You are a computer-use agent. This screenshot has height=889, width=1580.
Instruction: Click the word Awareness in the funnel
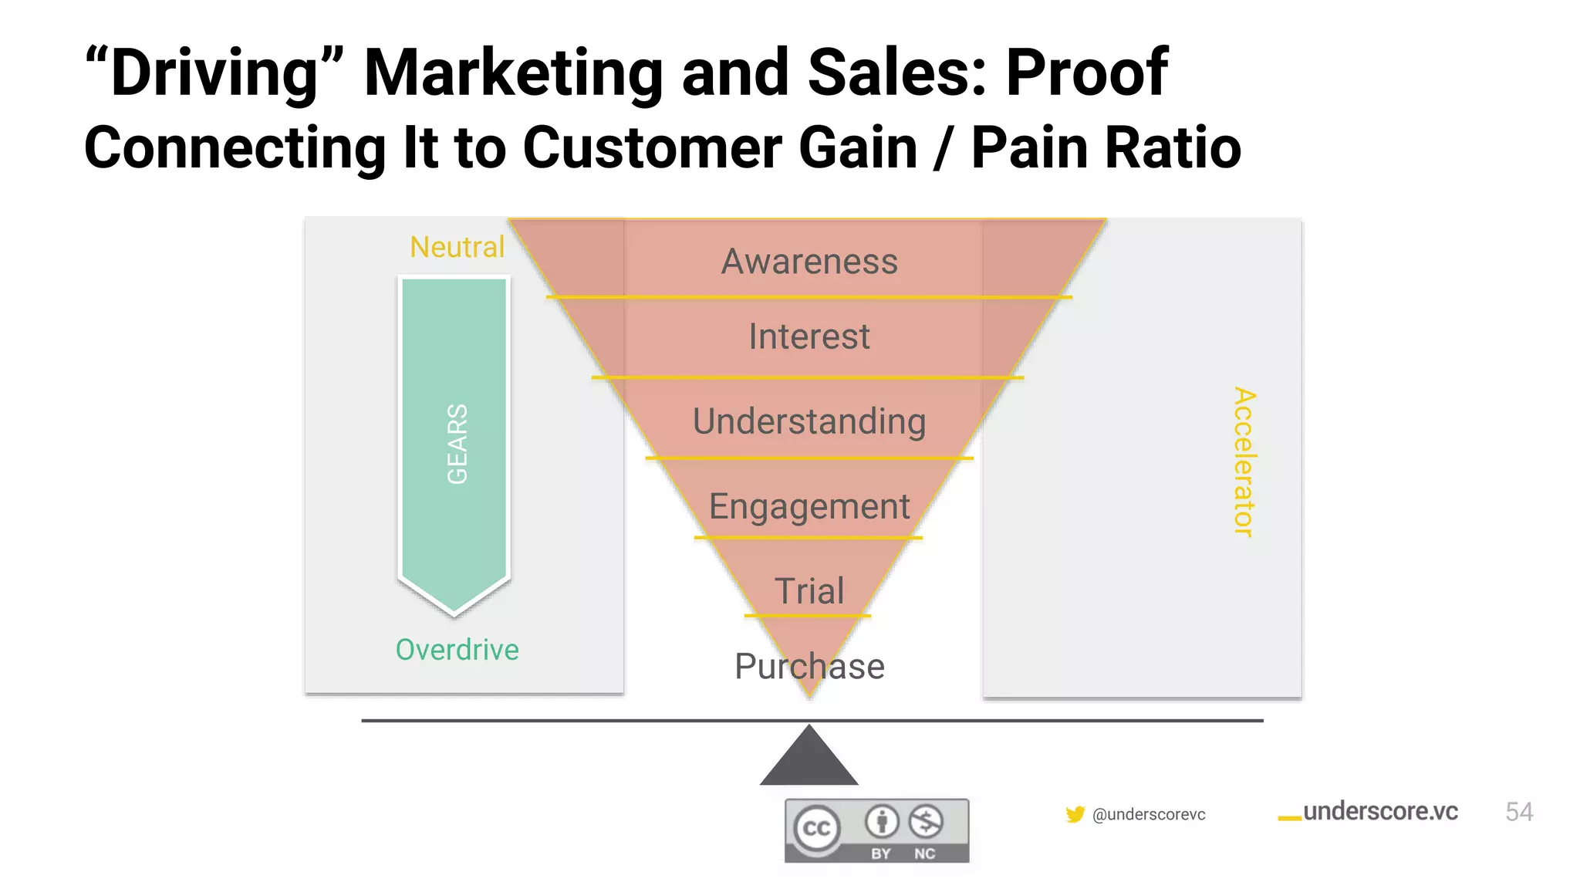click(x=809, y=262)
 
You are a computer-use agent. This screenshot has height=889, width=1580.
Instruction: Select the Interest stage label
click(x=809, y=336)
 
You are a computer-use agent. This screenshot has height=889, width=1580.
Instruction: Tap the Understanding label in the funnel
click(x=809, y=421)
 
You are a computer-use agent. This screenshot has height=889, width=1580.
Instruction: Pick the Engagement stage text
click(x=809, y=507)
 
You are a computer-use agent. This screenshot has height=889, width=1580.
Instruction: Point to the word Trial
click(x=809, y=591)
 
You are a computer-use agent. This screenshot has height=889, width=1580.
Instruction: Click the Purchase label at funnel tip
click(x=809, y=666)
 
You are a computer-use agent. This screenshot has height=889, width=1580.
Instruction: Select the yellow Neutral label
click(x=457, y=247)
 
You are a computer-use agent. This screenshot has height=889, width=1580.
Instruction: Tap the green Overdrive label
click(x=457, y=650)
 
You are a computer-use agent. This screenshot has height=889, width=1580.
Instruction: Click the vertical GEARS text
click(x=457, y=444)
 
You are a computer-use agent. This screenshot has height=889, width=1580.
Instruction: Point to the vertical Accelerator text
click(x=1244, y=461)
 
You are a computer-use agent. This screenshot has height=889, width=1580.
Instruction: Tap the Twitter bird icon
click(x=1075, y=814)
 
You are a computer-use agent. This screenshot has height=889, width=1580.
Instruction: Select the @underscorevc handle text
click(x=1149, y=814)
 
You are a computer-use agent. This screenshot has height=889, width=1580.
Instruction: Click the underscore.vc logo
click(x=1369, y=812)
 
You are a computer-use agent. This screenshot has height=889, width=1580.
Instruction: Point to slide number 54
click(x=1519, y=812)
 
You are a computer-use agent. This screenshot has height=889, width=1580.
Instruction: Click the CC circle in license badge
click(x=817, y=829)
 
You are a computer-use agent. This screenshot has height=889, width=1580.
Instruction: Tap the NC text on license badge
click(x=924, y=854)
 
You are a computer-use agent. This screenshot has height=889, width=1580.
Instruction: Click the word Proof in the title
click(x=1086, y=73)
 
